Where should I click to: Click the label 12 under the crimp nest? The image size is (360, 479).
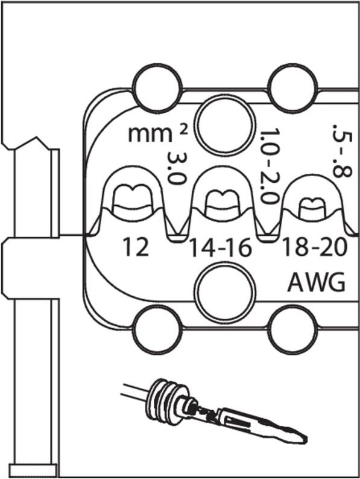[137, 247]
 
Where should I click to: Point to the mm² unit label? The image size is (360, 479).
[150, 133]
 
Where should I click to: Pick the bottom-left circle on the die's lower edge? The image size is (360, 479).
[158, 330]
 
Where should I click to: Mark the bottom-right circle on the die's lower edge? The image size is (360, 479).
[292, 330]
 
